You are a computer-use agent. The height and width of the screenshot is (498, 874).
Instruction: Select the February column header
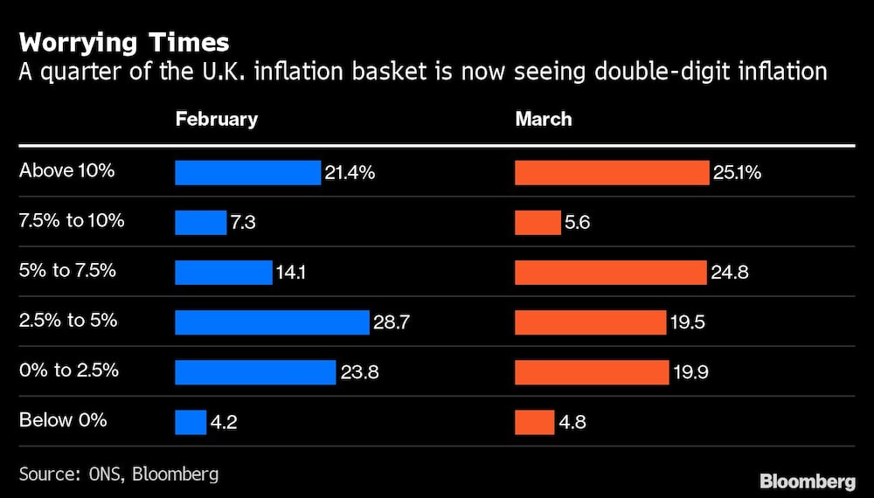pyautogui.click(x=217, y=119)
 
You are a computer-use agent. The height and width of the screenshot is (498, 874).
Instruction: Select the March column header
pyautogui.click(x=544, y=119)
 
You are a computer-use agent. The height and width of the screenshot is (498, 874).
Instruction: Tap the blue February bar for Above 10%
pyautogui.click(x=248, y=173)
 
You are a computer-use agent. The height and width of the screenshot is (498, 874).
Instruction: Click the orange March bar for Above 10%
pyautogui.click(x=612, y=173)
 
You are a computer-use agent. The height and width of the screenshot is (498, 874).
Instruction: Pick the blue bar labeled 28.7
pyautogui.click(x=272, y=322)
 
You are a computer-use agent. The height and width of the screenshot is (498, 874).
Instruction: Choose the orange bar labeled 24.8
pyautogui.click(x=610, y=273)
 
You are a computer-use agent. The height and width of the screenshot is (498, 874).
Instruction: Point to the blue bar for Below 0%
pyautogui.click(x=191, y=423)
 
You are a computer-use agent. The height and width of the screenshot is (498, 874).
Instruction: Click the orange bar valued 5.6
pyautogui.click(x=538, y=223)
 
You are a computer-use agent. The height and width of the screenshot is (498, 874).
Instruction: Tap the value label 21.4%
pyautogui.click(x=350, y=173)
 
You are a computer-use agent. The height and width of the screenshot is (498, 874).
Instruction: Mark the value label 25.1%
pyautogui.click(x=736, y=173)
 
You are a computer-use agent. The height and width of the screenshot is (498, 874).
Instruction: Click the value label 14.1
pyautogui.click(x=291, y=273)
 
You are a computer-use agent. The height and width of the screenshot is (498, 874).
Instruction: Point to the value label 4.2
pyautogui.click(x=224, y=423)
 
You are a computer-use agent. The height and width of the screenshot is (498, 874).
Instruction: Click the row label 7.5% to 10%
pyautogui.click(x=72, y=220)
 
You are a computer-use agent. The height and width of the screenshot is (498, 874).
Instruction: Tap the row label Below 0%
pyautogui.click(x=63, y=420)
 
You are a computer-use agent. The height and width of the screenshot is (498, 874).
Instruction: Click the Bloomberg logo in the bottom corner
pyautogui.click(x=808, y=481)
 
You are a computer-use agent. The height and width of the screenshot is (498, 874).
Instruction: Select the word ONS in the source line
pyautogui.click(x=105, y=474)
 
